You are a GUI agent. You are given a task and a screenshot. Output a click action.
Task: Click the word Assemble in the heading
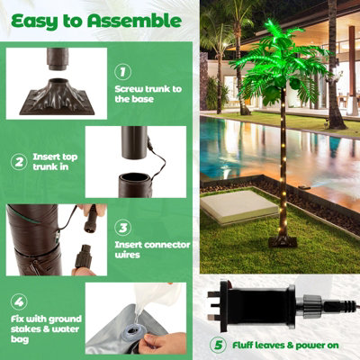pyautogui.click(x=135, y=21)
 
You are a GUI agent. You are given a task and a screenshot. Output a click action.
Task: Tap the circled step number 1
pyautogui.click(x=123, y=72)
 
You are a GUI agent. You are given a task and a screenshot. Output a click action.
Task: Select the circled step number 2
pyautogui.click(x=19, y=162)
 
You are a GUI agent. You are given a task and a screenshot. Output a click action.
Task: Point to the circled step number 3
pyautogui.click(x=123, y=228)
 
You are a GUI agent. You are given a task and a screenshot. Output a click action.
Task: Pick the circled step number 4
pyautogui.click(x=19, y=301)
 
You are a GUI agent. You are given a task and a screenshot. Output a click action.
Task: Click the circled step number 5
pyautogui.click(x=218, y=345)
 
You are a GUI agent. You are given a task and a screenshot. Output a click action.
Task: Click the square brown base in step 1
pyautogui.click(x=57, y=97)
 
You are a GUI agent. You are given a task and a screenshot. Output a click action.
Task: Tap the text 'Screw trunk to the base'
pyautogui.click(x=148, y=94)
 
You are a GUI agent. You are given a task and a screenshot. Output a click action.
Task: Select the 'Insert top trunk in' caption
pyautogui.click(x=55, y=162)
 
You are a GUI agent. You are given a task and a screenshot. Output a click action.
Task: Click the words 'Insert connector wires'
pyautogui.click(x=152, y=249)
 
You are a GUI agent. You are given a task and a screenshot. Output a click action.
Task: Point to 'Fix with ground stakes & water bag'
pyautogui.click(x=46, y=328)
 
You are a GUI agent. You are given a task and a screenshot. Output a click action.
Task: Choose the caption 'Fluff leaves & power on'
pyautogui.click(x=285, y=346)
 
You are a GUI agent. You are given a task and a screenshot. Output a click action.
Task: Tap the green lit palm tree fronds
pyautogui.click(x=279, y=63)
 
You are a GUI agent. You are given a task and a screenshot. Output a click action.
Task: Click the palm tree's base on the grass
pyautogui.click(x=283, y=241)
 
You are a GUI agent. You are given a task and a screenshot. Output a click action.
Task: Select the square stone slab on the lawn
pyautogui.click(x=238, y=207)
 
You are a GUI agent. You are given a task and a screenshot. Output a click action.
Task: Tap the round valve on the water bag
pyautogui.click(x=130, y=334)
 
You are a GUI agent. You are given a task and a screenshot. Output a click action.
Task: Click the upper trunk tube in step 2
pyautogui.click(x=134, y=142)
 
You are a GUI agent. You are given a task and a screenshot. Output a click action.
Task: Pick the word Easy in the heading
pyautogui.click(x=35, y=22)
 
